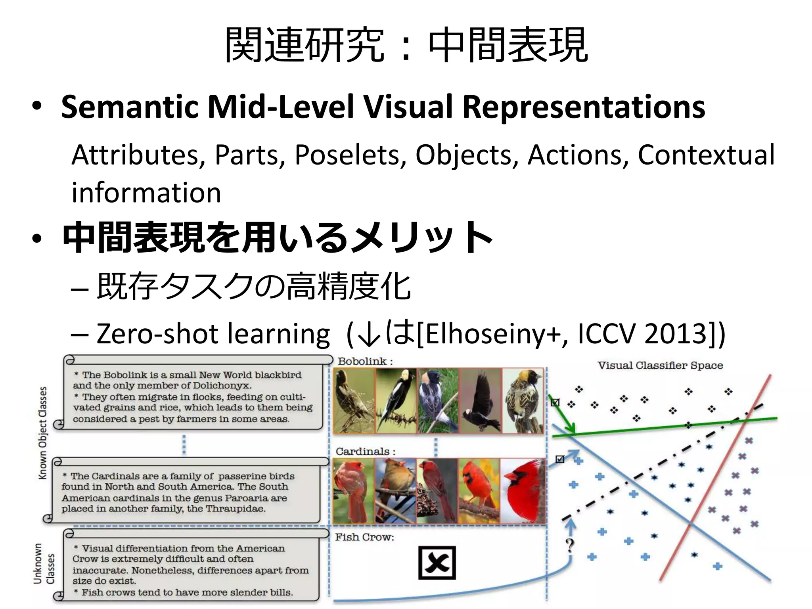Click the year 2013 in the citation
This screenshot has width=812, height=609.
click(676, 334)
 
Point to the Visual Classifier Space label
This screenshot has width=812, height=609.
click(660, 365)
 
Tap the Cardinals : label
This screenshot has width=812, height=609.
click(365, 451)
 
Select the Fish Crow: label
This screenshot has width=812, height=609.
click(364, 537)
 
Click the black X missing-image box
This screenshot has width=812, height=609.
click(437, 563)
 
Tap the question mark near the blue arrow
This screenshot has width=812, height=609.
click(570, 546)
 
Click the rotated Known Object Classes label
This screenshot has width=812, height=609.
click(43, 433)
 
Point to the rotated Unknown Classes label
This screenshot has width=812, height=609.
click(44, 563)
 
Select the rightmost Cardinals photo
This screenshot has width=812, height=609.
click(523, 491)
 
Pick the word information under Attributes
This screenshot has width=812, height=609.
click(146, 193)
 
